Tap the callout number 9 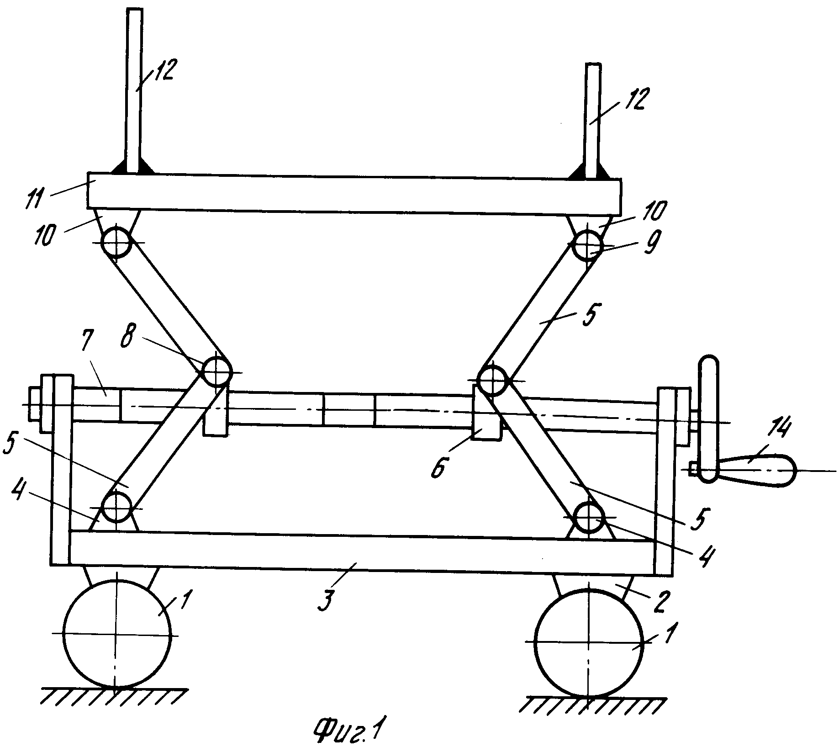point(647,245)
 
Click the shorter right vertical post point(592,122)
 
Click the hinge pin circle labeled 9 point(588,245)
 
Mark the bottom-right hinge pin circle point(589,517)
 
